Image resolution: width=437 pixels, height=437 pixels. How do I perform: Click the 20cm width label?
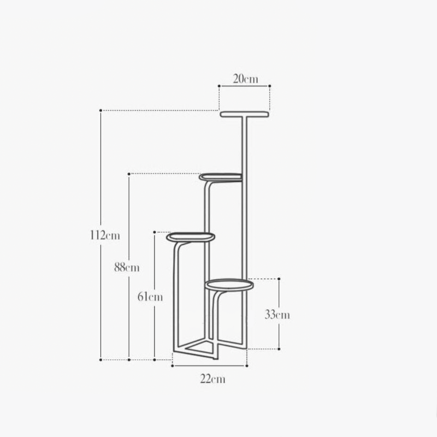coord(245,79)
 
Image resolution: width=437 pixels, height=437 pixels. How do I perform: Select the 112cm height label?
coord(105,236)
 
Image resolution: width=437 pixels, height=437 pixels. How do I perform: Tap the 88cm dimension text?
coord(127,267)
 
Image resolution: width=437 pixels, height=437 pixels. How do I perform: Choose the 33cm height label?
coord(277,315)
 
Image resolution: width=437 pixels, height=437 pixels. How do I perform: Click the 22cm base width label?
coord(211,379)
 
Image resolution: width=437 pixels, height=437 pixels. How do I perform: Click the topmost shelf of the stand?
coord(245,115)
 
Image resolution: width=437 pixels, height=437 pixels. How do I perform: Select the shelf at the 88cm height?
coord(221,177)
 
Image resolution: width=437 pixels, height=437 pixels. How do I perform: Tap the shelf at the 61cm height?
coord(191,238)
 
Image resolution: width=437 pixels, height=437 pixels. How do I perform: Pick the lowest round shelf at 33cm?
coord(229,285)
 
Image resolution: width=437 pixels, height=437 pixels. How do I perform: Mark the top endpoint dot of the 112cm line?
coord(101,110)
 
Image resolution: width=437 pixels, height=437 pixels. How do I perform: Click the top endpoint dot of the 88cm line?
coord(129,174)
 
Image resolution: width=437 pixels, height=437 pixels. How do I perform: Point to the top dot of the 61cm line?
coord(155,232)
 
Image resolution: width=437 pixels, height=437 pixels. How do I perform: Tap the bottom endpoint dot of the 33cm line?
coord(279,349)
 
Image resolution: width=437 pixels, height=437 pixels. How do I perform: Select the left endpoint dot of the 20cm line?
coord(219,86)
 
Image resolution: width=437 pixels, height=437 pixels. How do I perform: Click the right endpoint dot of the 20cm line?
coord(270,86)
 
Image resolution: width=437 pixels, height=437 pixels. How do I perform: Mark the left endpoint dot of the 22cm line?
coord(173,365)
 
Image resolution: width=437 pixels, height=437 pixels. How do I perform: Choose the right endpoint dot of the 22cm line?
coord(247,365)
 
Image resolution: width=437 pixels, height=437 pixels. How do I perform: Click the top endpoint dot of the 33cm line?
coord(279,279)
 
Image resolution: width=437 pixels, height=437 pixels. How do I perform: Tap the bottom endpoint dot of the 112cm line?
coord(101,359)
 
